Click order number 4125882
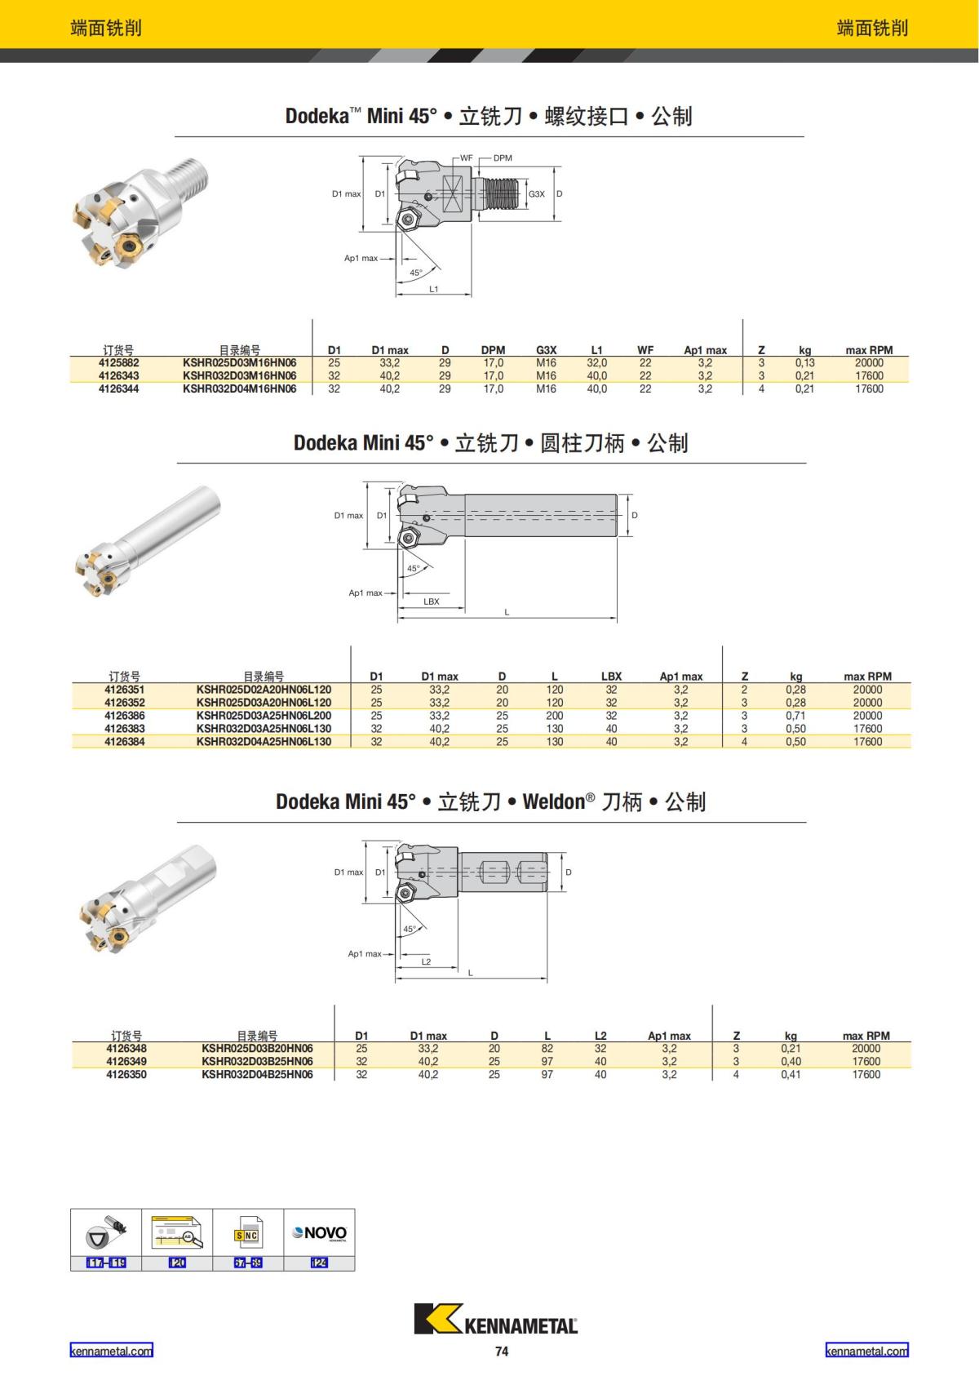(118, 363)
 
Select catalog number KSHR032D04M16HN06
(239, 389)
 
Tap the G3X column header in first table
(546, 350)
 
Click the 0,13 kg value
(804, 363)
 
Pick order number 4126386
(125, 716)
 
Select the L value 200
(555, 716)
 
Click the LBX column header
(611, 677)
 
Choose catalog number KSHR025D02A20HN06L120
(264, 690)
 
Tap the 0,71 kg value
(795, 716)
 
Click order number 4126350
(126, 1075)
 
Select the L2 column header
(600, 1036)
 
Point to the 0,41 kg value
(791, 1075)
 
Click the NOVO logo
(320, 1233)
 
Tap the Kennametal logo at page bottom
(496, 1319)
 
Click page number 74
(502, 1352)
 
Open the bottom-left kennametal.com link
(111, 1351)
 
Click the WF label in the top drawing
(466, 158)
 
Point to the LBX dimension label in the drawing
(432, 601)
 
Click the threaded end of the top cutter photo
(190, 174)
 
